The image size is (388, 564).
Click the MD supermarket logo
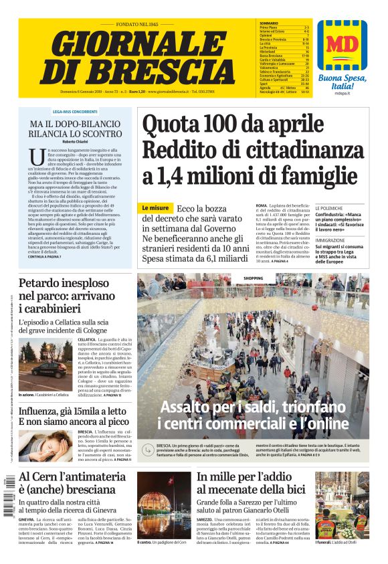pyautogui.click(x=342, y=46)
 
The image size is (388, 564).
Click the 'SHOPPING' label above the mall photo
pyautogui.click(x=253, y=278)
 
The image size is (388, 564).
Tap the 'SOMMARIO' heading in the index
pyautogui.click(x=268, y=23)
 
